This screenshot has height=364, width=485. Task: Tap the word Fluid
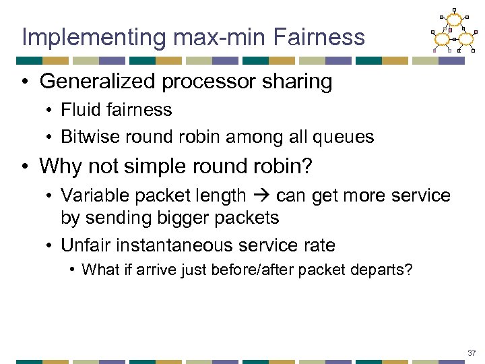[x=79, y=110]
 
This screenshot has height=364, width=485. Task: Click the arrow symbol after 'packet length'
[x=262, y=195]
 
